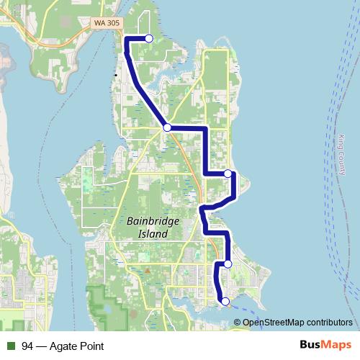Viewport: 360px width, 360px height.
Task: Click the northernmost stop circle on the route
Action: click(149, 38)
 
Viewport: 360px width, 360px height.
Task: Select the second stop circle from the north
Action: click(167, 127)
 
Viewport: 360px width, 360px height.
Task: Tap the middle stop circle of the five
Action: click(228, 174)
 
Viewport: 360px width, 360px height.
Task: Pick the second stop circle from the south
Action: click(228, 264)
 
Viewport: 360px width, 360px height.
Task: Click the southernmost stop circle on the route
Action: click(225, 301)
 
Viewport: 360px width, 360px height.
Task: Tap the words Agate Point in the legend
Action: click(79, 346)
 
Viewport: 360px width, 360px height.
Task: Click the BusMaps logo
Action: click(325, 346)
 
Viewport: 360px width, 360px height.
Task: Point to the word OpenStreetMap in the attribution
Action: click(273, 322)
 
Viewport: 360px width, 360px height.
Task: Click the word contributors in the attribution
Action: click(329, 322)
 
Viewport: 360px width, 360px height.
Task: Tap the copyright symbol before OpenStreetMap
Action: click(239, 322)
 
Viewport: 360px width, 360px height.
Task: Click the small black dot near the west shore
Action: click(115, 75)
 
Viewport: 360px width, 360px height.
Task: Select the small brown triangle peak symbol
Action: click(146, 271)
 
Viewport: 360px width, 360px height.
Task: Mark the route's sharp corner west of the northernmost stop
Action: click(127, 38)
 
